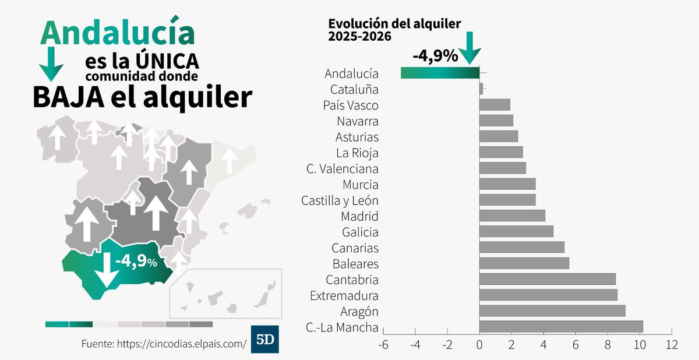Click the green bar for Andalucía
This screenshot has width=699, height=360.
(440, 73)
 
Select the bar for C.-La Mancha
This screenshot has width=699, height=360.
(561, 327)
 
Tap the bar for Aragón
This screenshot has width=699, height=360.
(552, 311)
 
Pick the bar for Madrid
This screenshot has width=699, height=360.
(512, 216)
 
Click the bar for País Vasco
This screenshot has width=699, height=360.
(495, 105)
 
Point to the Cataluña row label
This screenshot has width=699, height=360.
(354, 90)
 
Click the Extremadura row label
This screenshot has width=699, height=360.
(344, 295)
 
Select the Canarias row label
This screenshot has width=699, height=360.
(355, 248)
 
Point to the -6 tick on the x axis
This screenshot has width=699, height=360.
(383, 345)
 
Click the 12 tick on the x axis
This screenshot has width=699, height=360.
(672, 345)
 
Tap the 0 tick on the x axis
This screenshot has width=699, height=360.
(479, 345)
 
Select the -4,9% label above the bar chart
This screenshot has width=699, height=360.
(435, 57)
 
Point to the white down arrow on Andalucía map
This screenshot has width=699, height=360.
(107, 271)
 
